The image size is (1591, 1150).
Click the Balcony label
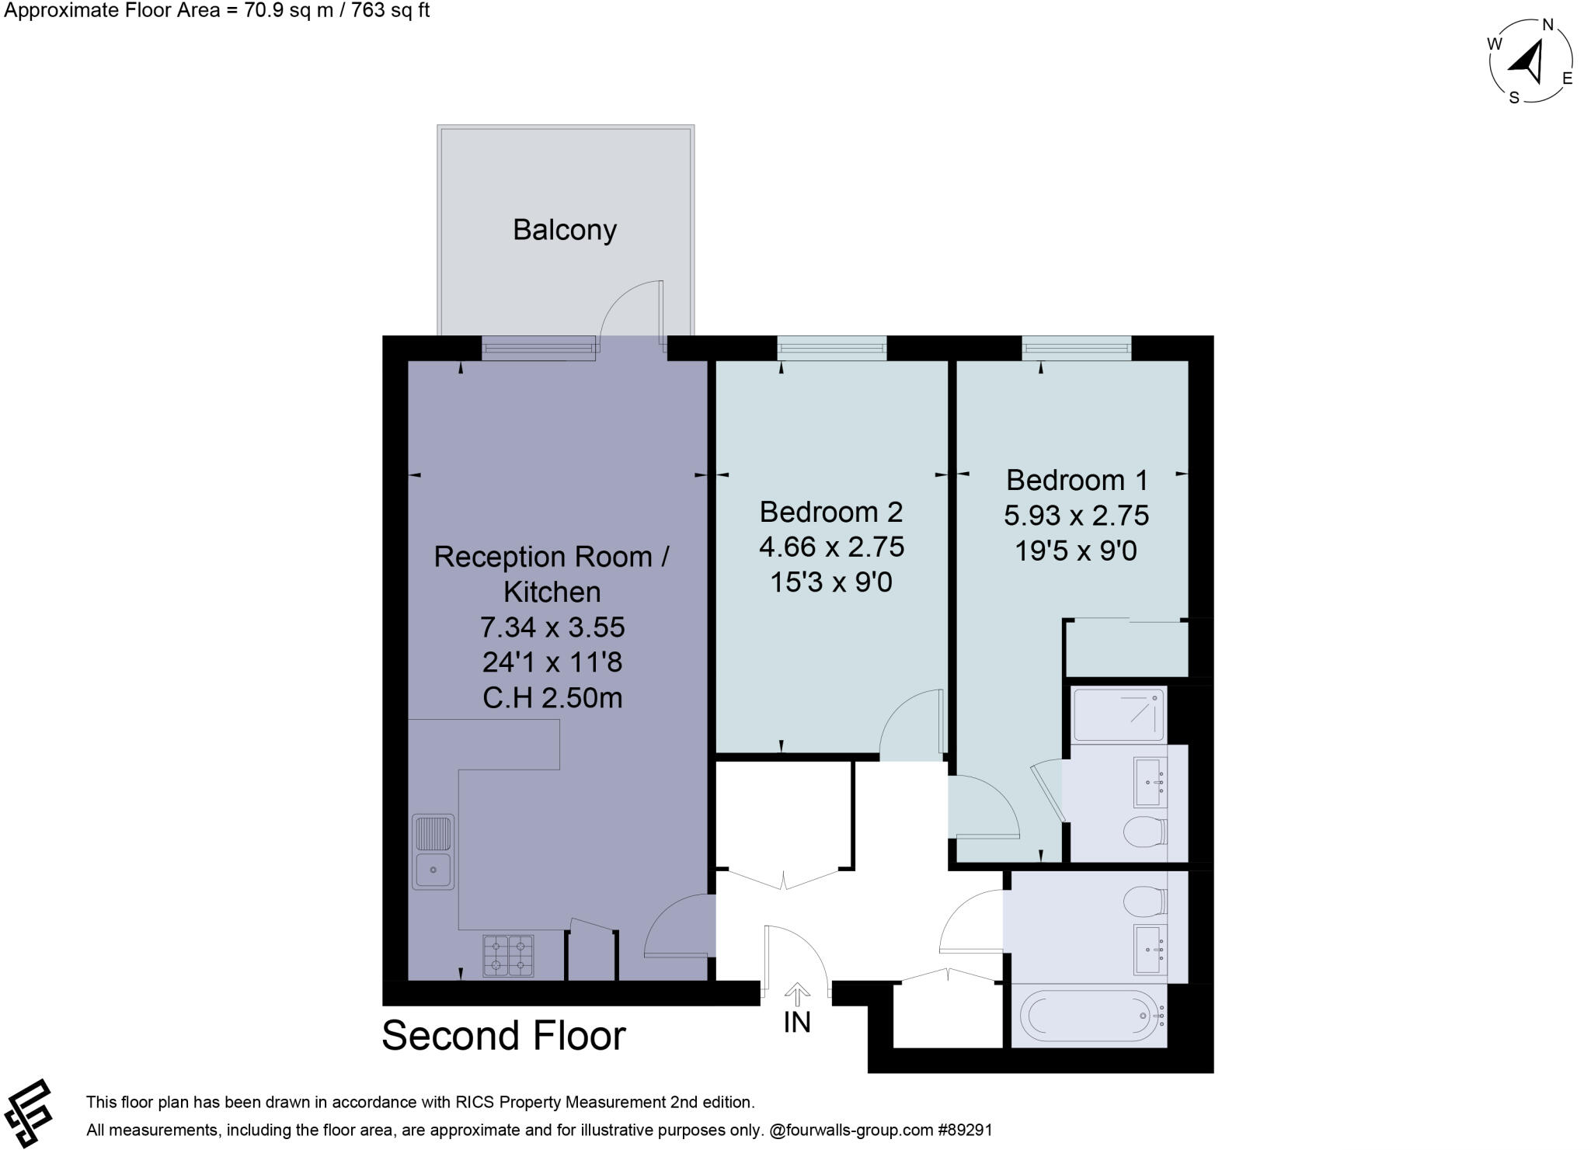click(x=565, y=230)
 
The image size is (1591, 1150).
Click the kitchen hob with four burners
click(x=509, y=955)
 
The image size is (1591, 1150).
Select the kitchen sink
click(x=433, y=852)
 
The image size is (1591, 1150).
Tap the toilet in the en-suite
click(x=1145, y=832)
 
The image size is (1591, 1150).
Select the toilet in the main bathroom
click(x=1145, y=902)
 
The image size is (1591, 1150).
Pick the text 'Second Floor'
click(x=503, y=1036)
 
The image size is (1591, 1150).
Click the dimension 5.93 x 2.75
click(x=1076, y=516)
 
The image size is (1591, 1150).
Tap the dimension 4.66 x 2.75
click(x=831, y=547)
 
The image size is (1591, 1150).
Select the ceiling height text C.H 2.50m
click(x=552, y=698)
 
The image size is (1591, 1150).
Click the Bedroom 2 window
click(x=832, y=348)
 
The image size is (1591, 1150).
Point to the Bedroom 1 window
click(x=1077, y=348)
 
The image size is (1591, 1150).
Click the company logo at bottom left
click(x=30, y=1113)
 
